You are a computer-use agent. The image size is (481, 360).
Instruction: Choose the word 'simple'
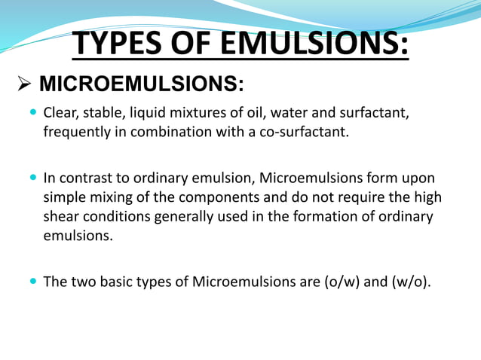63,197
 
